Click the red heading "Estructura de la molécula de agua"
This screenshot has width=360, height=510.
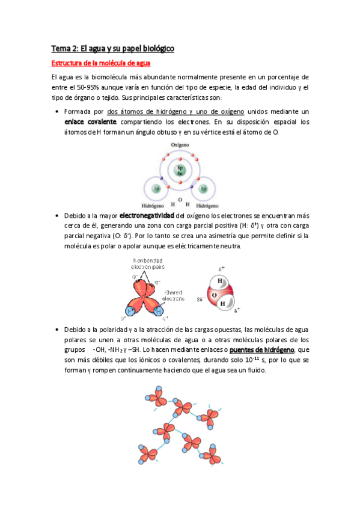[100, 63]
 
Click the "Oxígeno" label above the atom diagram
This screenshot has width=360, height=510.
[180, 146]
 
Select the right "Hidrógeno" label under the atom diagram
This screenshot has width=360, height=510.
[206, 204]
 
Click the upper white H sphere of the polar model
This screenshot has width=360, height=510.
[221, 281]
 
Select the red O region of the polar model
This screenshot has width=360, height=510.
[211, 296]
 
